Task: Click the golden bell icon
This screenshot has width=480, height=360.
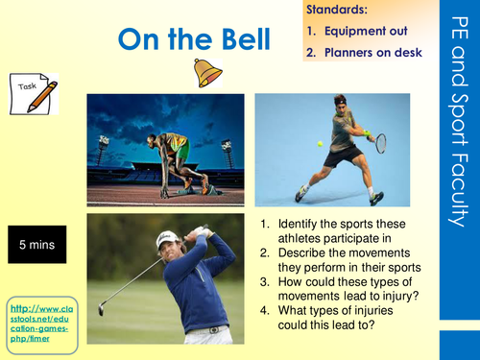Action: [x=206, y=73]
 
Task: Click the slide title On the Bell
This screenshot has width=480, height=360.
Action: [x=186, y=39]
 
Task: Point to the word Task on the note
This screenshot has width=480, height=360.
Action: [x=28, y=87]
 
